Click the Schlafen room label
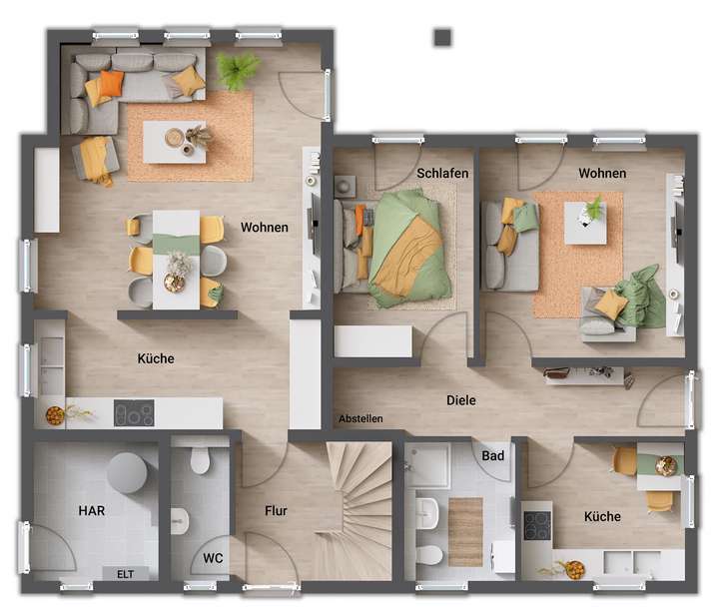[x=442, y=173]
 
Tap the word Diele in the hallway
[x=461, y=400]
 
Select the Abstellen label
[x=360, y=418]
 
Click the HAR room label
[x=92, y=510]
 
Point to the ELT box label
[x=126, y=574]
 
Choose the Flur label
[x=276, y=511]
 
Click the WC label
[x=214, y=558]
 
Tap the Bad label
[x=493, y=456]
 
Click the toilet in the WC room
[x=199, y=460]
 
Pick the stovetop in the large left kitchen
[x=134, y=412]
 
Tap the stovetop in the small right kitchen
[x=537, y=524]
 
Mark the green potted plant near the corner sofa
[x=238, y=70]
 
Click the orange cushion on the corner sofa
[x=110, y=83]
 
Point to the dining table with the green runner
[x=177, y=257]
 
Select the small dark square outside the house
[x=443, y=37]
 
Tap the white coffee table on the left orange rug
[x=174, y=141]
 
